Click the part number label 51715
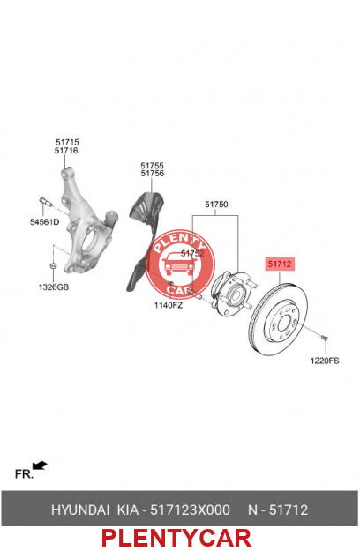click(x=67, y=142)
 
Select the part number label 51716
click(x=66, y=151)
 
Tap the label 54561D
click(x=44, y=222)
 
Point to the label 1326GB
click(x=54, y=287)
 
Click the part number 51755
click(x=153, y=165)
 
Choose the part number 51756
click(x=153, y=174)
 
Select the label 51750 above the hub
click(x=216, y=205)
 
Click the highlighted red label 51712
click(x=280, y=264)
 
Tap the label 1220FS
click(x=325, y=361)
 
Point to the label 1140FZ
click(x=169, y=305)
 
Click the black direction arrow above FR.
click(x=40, y=465)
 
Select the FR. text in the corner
click(x=24, y=474)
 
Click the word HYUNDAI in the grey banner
click(x=80, y=510)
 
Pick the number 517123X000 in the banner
click(x=191, y=510)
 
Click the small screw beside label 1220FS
click(x=325, y=338)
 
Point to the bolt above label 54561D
click(x=45, y=202)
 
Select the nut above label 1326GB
click(x=53, y=264)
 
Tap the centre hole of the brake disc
click(x=284, y=323)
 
